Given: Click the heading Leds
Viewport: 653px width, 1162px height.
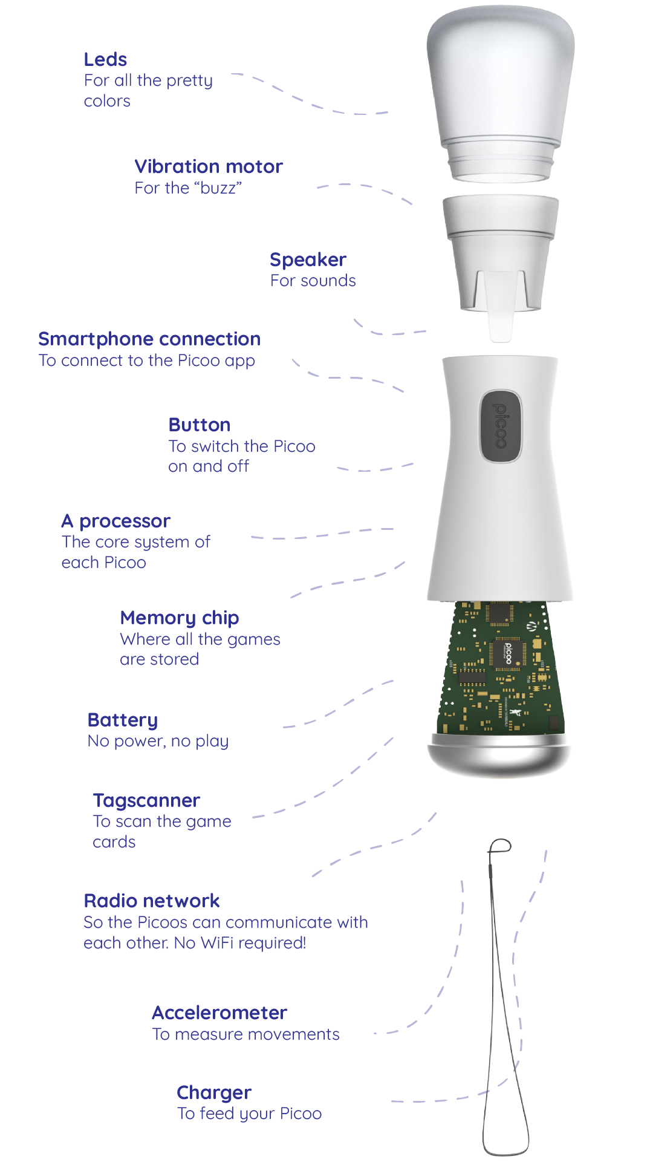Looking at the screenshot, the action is (x=105, y=59).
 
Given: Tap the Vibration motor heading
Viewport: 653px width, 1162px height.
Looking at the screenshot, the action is (x=209, y=166).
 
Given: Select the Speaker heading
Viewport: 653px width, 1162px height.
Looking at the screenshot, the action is (x=308, y=260).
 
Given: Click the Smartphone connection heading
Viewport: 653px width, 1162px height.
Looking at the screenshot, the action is (x=149, y=339).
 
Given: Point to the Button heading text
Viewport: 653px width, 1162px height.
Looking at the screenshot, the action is (x=200, y=425).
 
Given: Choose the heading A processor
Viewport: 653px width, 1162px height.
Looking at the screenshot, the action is (x=116, y=521).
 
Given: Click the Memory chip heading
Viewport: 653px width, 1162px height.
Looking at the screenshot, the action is (x=180, y=618).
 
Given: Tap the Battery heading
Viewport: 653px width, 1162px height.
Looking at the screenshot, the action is (x=123, y=720).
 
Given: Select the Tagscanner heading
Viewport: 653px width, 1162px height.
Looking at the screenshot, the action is (x=146, y=801).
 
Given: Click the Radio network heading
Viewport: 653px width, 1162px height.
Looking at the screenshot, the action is (x=152, y=901).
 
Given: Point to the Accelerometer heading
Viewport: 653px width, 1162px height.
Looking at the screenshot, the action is (x=219, y=1013).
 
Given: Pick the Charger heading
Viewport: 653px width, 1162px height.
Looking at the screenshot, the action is (x=214, y=1093).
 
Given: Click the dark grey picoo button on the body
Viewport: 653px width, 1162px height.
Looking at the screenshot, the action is (x=500, y=426).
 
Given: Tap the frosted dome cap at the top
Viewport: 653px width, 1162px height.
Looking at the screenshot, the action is (x=500, y=94).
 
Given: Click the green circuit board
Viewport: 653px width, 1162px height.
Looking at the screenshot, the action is (x=501, y=668).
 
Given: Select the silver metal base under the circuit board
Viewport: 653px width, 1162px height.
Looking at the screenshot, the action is (x=499, y=755).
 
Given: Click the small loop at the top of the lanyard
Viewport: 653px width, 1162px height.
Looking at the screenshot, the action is (x=500, y=846).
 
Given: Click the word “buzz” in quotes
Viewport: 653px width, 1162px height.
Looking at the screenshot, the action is (x=218, y=188).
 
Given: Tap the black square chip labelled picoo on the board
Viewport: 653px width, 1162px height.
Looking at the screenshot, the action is (x=507, y=653).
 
